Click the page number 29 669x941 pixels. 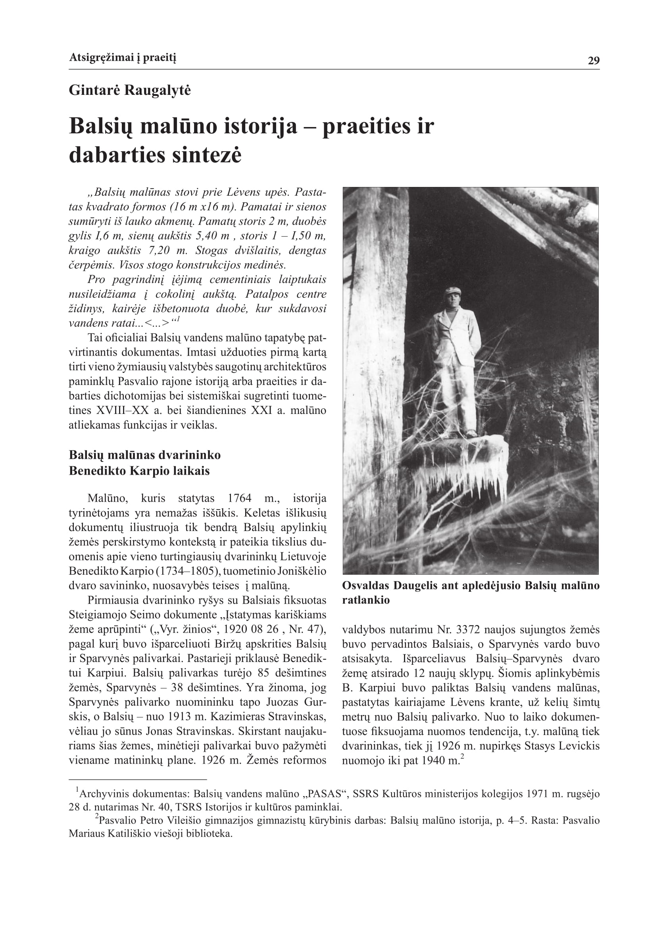(593, 61)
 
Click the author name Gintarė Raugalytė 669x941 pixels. (130, 90)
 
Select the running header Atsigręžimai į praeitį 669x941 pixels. (122, 58)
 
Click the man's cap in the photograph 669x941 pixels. (452, 291)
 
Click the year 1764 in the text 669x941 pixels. (239, 498)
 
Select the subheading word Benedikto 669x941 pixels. (97, 471)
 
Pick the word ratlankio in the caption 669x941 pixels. (366, 600)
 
